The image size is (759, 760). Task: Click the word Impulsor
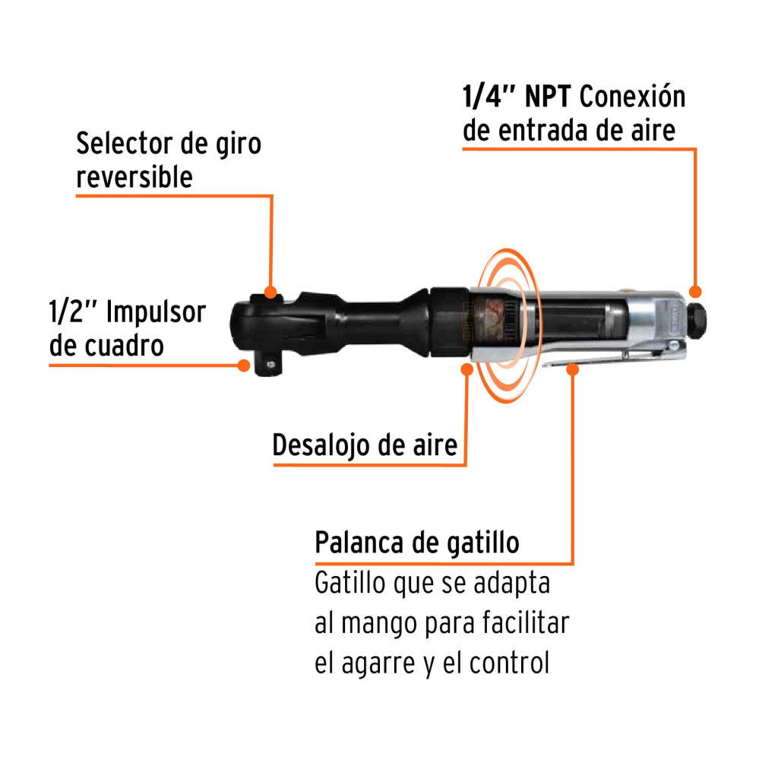tap(156, 312)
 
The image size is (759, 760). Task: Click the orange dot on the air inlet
tap(694, 291)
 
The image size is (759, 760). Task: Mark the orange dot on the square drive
tap(244, 364)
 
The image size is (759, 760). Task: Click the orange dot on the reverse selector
tap(270, 292)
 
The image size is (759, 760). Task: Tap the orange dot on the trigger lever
tap(573, 369)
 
